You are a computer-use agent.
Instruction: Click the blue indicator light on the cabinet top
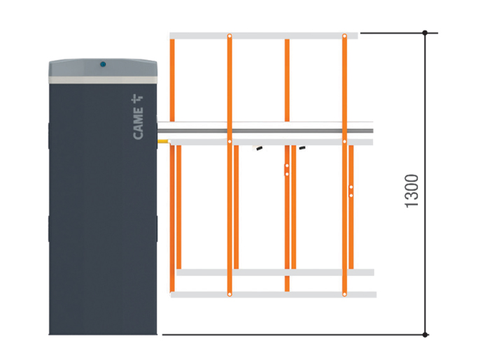[103, 64]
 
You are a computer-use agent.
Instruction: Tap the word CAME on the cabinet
[138, 124]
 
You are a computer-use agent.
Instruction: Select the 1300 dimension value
[411, 191]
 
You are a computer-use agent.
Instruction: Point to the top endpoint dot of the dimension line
[425, 33]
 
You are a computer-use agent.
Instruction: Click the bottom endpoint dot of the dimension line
[425, 335]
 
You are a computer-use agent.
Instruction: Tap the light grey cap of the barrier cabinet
[103, 68]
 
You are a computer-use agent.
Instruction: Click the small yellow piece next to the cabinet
[163, 141]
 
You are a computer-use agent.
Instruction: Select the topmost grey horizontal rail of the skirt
[264, 36]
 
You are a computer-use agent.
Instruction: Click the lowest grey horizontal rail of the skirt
[274, 294]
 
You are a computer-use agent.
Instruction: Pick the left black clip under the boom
[260, 149]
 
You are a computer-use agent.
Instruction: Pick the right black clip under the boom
[302, 148]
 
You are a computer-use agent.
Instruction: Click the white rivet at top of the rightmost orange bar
[344, 36]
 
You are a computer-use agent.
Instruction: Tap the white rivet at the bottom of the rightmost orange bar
[344, 294]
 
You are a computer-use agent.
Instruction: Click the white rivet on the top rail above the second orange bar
[230, 36]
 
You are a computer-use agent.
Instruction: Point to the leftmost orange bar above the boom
[172, 80]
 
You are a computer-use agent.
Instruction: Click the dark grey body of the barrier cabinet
[103, 209]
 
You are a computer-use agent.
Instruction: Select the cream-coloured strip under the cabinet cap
[103, 80]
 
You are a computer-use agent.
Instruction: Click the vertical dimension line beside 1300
[425, 184]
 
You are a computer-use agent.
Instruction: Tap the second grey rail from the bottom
[275, 272]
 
